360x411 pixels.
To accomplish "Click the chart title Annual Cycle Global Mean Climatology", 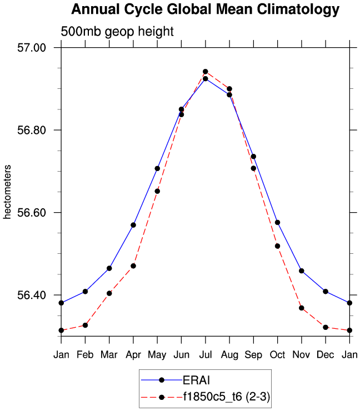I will tap(205, 9).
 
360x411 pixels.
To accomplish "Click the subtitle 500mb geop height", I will tap(117, 32).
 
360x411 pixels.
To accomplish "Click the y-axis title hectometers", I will tap(8, 192).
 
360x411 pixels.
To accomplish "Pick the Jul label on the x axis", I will tap(206, 354).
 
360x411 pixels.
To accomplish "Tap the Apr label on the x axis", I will tap(133, 354).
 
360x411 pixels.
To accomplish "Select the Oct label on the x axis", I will tap(277, 354).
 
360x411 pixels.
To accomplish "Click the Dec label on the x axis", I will tap(326, 354).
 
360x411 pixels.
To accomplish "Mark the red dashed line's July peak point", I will tap(206, 72).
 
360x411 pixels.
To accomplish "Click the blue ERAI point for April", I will tap(133, 225).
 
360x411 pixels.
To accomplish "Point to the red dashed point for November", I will tap(302, 308).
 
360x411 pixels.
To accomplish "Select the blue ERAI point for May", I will tap(157, 168).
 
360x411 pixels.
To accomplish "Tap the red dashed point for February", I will tap(85, 325).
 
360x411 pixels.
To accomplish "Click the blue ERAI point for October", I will tap(277, 222).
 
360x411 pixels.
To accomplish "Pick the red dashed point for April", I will tap(133, 266).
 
